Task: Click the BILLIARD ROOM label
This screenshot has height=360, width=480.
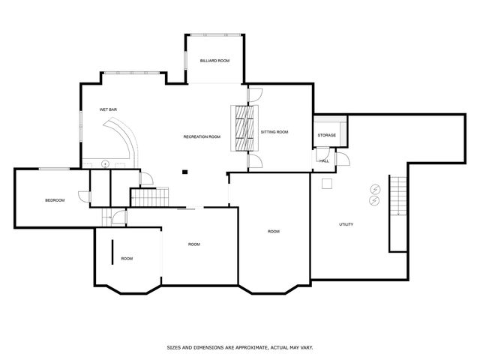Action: [214, 60]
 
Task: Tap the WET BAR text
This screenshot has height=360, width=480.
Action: [109, 109]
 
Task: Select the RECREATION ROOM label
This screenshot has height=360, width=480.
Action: [202, 136]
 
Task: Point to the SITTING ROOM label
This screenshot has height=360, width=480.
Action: [274, 132]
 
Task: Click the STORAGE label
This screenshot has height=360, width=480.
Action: [326, 135]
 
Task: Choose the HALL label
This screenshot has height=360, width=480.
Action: [324, 160]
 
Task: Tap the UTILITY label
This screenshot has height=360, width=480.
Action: [346, 224]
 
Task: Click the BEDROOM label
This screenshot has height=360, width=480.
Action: [55, 200]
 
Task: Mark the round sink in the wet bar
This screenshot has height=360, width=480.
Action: [106, 163]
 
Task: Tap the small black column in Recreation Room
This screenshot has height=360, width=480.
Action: [184, 172]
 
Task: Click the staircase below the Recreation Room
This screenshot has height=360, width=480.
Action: [148, 198]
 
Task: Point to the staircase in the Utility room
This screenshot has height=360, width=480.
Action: [397, 214]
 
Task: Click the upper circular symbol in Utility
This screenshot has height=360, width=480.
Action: [374, 189]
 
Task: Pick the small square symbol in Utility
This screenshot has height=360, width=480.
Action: [327, 183]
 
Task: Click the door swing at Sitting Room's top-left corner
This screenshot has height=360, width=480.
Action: [254, 94]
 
